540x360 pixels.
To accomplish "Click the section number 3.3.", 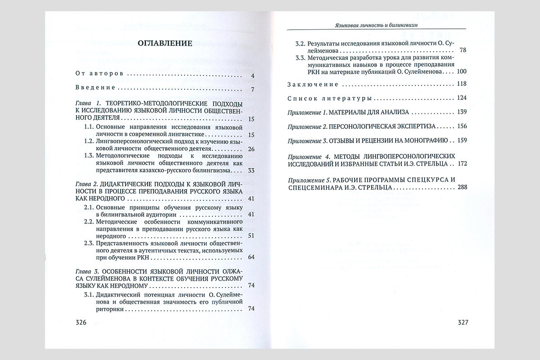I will tap(300, 58).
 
